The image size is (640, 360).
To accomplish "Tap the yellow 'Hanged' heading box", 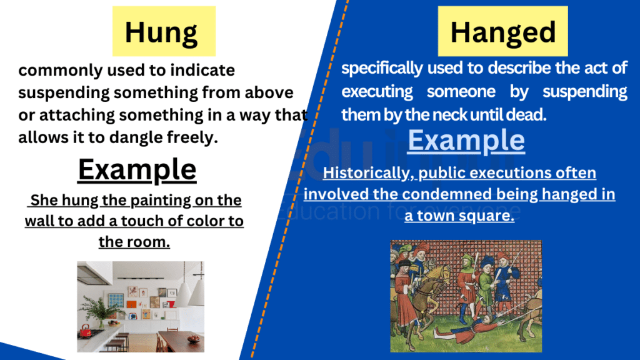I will pyautogui.click(x=502, y=32).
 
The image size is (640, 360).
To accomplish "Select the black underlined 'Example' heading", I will pyautogui.click(x=137, y=169).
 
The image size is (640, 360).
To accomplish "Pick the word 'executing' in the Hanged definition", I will pyautogui.click(x=377, y=92).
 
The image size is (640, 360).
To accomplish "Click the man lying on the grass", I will pyautogui.click(x=475, y=327).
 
